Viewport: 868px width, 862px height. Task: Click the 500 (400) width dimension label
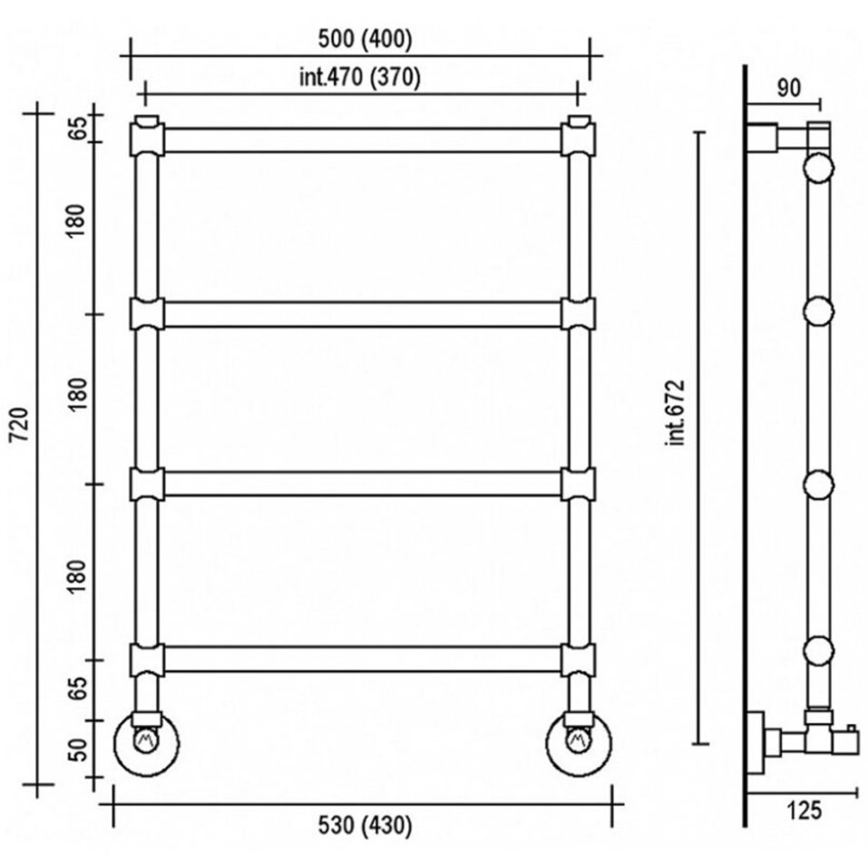(365, 39)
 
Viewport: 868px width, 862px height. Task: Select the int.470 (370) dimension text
(360, 77)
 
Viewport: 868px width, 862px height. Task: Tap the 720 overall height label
(20, 424)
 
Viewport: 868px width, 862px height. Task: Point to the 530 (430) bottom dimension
(365, 826)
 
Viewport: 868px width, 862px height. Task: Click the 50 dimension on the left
(80, 750)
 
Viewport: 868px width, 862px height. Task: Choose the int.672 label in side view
(677, 413)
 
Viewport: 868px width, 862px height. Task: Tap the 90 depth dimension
(788, 87)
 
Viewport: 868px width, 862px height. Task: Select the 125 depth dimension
(804, 810)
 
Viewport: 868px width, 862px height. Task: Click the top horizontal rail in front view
(363, 140)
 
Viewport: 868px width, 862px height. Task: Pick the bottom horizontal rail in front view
(363, 659)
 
